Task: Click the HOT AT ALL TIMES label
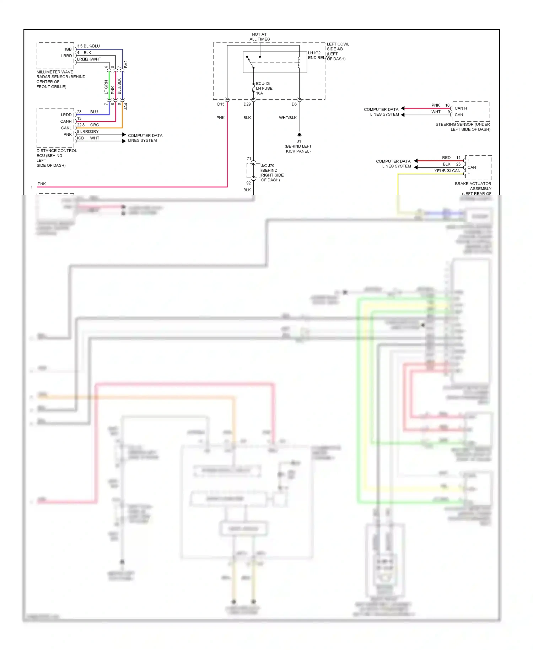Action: tap(259, 37)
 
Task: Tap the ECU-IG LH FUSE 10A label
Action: tap(264, 88)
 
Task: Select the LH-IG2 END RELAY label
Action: tap(315, 55)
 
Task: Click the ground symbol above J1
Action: tap(299, 135)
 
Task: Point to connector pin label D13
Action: tap(221, 104)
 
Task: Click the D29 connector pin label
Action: tap(247, 104)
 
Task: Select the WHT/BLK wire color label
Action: tap(287, 118)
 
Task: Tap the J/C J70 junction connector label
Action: tap(272, 173)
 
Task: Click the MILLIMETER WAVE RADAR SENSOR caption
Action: tap(61, 79)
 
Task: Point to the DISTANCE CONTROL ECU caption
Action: tap(56, 158)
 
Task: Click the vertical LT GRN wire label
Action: tap(106, 87)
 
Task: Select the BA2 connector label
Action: tap(126, 64)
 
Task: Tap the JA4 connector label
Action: tap(126, 106)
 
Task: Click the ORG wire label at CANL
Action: tap(95, 125)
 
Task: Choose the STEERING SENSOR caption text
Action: tap(463, 127)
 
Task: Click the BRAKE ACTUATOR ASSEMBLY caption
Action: tap(473, 186)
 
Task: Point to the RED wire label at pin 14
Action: tap(446, 158)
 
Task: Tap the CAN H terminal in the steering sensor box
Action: tap(461, 108)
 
